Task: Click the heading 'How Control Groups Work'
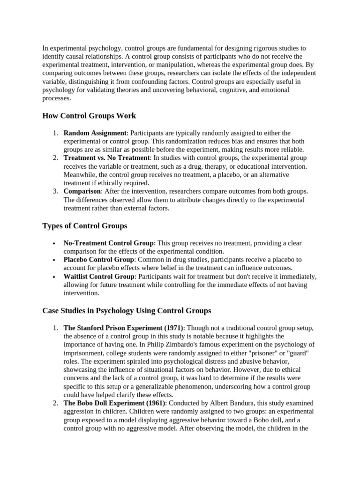pos(89,116)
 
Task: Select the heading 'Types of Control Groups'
pos(84,225)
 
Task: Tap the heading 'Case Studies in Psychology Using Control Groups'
pos(127,310)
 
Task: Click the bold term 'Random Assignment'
pos(95,133)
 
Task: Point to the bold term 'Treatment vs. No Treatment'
pos(107,158)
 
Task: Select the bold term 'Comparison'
pos(82,191)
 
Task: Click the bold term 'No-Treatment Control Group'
pos(108,243)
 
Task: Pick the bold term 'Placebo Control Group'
pos(99,259)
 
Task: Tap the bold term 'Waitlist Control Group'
pos(99,276)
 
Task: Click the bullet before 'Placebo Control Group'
pos(55,260)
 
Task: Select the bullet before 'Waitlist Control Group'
pos(55,277)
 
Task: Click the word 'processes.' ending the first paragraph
pos(57,98)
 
